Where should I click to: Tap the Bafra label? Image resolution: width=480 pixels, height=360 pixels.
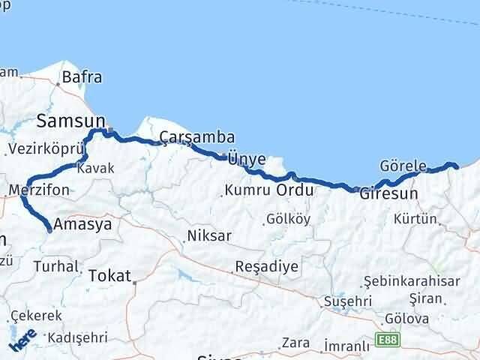tap(82, 76)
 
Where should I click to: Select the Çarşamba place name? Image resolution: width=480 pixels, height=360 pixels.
tap(197, 137)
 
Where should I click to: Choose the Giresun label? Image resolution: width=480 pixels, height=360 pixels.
tap(388, 193)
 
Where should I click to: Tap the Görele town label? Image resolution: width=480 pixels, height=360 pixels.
tap(403, 166)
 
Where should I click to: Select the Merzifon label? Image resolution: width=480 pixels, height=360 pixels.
tap(40, 190)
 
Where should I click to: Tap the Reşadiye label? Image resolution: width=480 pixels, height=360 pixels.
tap(266, 266)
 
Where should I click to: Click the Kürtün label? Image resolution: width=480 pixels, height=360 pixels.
tap(415, 219)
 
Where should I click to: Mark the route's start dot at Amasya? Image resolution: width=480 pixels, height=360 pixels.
tap(49, 230)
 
